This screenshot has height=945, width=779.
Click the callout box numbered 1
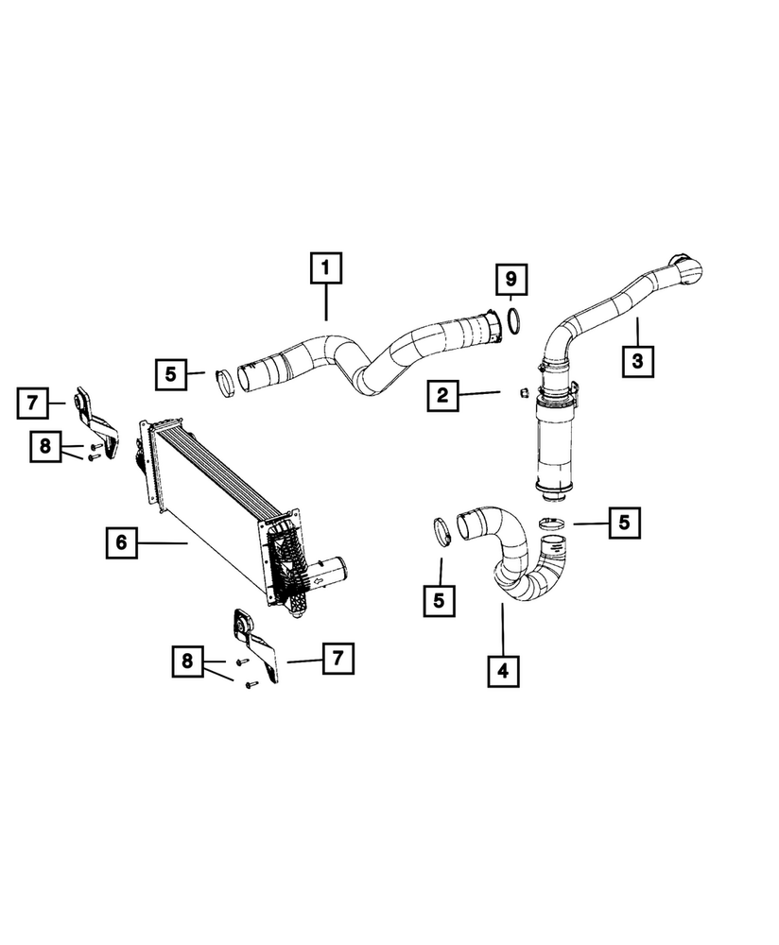click(x=325, y=269)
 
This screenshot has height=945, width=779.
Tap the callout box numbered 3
click(x=637, y=359)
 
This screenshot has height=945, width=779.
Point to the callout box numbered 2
click(x=441, y=395)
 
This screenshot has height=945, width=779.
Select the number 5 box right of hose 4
click(x=624, y=521)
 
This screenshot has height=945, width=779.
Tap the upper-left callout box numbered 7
click(x=31, y=404)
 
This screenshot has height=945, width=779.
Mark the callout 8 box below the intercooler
click(x=186, y=662)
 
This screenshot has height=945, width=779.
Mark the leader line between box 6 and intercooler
click(x=165, y=542)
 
